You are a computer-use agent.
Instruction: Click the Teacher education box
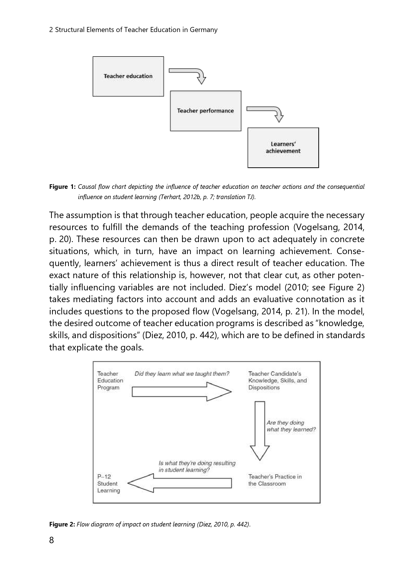point(128,76)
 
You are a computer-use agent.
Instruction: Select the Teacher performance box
point(206,111)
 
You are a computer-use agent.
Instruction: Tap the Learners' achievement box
point(283,148)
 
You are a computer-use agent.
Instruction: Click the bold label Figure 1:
point(63,187)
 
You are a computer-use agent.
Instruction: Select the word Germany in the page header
point(204,30)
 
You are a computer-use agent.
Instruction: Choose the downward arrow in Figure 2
point(260,431)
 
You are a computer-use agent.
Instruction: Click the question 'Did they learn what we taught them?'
point(182,374)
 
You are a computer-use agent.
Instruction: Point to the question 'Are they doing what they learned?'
point(291,426)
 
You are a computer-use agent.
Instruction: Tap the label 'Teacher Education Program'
point(110,381)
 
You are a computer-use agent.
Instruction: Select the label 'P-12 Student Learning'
point(108,483)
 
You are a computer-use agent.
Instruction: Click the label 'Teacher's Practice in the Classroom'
point(275,480)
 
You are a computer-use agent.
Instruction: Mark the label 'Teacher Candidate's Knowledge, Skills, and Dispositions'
point(277,381)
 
